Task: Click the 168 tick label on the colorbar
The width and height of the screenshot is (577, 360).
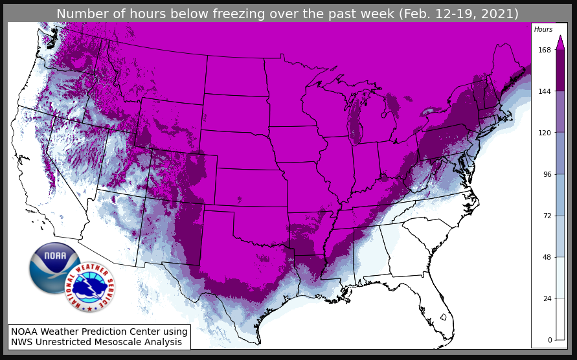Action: tap(544, 50)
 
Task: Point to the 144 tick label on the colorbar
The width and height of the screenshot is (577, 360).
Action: tap(544, 91)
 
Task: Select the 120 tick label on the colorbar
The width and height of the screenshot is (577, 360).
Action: tap(544, 133)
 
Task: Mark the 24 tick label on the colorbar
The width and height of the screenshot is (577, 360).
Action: tap(546, 298)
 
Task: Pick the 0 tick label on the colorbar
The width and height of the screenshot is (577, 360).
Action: tap(549, 340)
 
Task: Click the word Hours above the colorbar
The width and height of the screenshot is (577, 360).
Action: tap(543, 30)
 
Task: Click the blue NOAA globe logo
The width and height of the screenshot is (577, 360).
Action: tap(54, 267)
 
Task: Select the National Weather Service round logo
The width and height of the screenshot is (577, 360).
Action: tap(90, 287)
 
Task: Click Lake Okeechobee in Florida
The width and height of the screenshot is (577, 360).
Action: tap(443, 317)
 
